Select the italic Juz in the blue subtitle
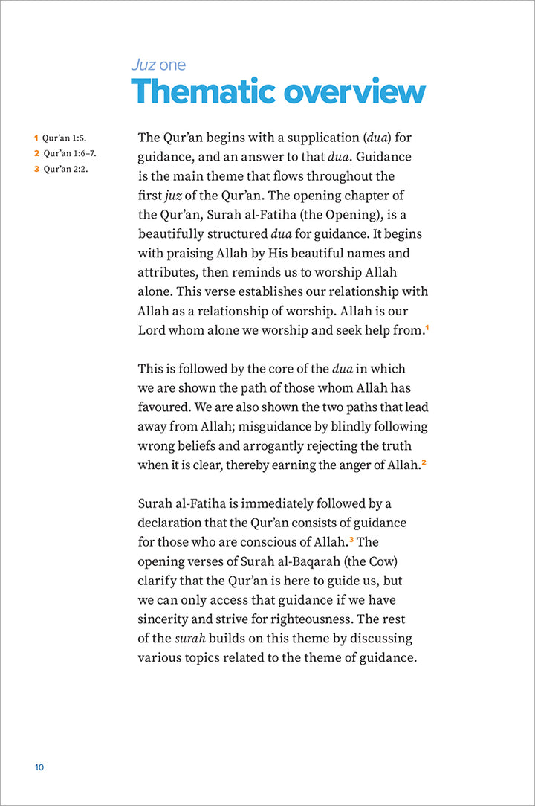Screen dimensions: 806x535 [143, 65]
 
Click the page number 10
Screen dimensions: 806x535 [39, 767]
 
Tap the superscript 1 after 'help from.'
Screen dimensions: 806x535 [427, 327]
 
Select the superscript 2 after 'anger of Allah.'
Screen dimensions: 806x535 [424, 462]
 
